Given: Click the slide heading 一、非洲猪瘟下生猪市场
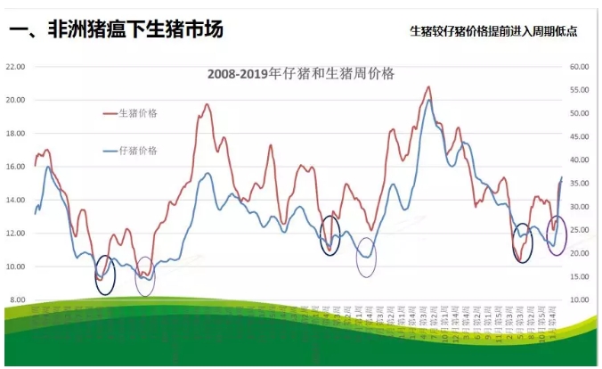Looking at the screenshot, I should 116,30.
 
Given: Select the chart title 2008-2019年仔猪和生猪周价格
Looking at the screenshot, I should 302,72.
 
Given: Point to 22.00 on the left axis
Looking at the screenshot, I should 15,67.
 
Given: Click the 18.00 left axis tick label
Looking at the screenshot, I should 15,134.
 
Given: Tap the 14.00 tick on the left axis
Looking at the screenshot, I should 15,201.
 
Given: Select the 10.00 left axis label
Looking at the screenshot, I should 15,267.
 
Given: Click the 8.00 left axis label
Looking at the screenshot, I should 17,300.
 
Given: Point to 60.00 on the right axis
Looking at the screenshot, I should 581,67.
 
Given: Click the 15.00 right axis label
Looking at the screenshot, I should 581,277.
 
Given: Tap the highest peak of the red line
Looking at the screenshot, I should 429,86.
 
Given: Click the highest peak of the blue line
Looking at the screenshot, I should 430,100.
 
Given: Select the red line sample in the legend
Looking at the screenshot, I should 112,113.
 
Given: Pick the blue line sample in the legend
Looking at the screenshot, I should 112,152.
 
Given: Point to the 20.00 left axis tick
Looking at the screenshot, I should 15,100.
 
